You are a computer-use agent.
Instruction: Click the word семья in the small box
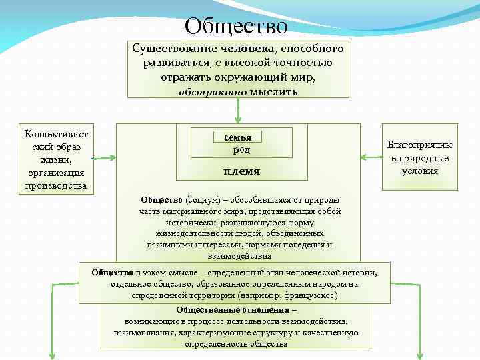(x=238, y=137)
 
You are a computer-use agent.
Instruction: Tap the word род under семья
(x=237, y=150)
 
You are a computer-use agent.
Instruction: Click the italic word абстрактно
(x=213, y=92)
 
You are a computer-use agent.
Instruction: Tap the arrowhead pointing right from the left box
(x=112, y=159)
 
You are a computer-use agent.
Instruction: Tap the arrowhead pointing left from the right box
(x=363, y=158)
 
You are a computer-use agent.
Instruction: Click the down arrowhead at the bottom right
(x=421, y=355)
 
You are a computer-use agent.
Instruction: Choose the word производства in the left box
(x=56, y=185)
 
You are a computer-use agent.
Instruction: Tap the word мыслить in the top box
(x=273, y=92)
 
